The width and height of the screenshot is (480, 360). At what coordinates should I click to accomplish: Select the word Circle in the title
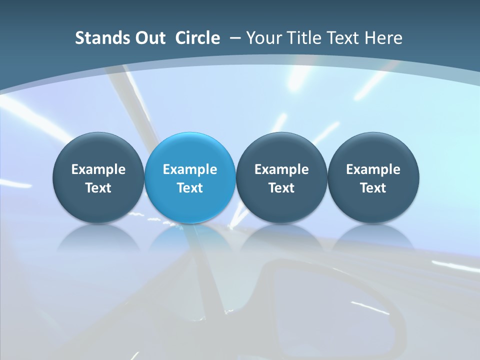(197, 38)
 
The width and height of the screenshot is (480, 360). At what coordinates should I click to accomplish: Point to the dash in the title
(233, 38)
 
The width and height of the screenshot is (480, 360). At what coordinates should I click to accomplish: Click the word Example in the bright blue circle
(190, 169)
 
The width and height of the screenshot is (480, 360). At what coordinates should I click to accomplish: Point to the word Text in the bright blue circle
(190, 188)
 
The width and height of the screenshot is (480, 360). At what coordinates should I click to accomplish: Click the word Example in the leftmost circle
(98, 169)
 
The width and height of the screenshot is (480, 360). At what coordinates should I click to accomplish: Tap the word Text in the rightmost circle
(373, 188)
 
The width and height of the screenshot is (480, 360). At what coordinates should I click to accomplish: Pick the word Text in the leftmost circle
(98, 188)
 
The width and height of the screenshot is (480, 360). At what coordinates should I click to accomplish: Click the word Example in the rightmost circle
(373, 169)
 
